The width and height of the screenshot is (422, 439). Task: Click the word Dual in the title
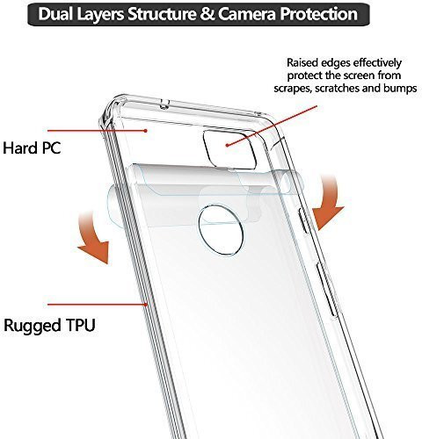tap(55, 14)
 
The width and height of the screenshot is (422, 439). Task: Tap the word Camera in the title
tap(246, 14)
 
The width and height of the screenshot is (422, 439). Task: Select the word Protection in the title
tap(318, 14)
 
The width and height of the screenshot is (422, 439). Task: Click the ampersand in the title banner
tap(207, 14)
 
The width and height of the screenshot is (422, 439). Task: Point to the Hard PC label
tap(32, 148)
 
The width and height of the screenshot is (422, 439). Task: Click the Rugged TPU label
tap(49, 326)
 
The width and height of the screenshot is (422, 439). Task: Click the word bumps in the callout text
tap(400, 88)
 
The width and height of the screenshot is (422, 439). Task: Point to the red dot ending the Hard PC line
tap(145, 131)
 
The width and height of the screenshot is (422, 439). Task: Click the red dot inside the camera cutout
tap(227, 145)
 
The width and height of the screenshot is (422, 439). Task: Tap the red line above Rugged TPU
tap(98, 305)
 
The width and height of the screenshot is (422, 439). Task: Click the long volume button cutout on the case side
tap(325, 290)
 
